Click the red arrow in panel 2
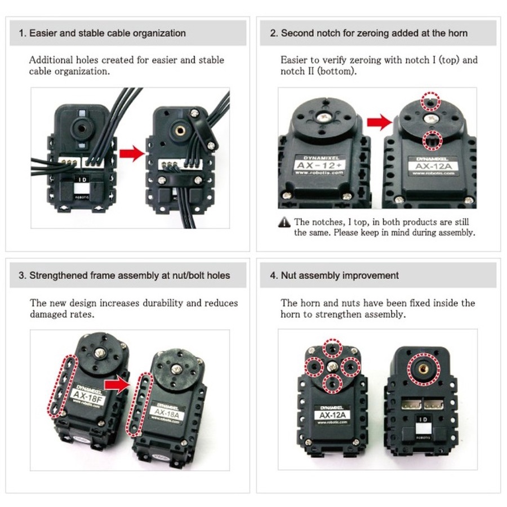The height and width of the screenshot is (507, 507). coord(379,122)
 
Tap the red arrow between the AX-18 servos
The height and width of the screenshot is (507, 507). coord(117,384)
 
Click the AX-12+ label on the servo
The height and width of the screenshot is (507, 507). coord(319,165)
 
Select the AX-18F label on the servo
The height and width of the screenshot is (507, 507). coord(87,397)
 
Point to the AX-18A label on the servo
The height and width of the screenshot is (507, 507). coord(167,413)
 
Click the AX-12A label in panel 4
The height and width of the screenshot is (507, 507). coord(332,415)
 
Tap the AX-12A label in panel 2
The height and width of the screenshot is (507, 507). coord(433,166)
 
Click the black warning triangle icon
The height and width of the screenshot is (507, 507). coord(284,222)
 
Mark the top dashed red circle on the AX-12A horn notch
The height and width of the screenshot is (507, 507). coord(430,101)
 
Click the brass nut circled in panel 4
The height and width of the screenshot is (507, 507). coord(424,369)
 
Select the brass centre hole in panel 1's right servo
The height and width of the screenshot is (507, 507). coord(180,130)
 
